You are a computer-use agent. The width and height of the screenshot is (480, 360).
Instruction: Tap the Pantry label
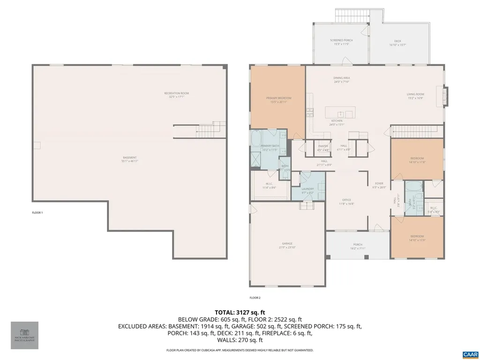(x=323, y=146)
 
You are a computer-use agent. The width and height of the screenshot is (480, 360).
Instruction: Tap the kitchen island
(x=340, y=113)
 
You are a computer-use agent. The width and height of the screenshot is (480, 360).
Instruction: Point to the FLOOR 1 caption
(x=37, y=213)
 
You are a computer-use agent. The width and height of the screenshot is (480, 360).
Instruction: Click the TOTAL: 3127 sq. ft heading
(x=240, y=312)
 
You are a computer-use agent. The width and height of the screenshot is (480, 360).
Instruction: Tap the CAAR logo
(x=469, y=353)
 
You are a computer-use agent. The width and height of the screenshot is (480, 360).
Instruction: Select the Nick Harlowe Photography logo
(x=24, y=335)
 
